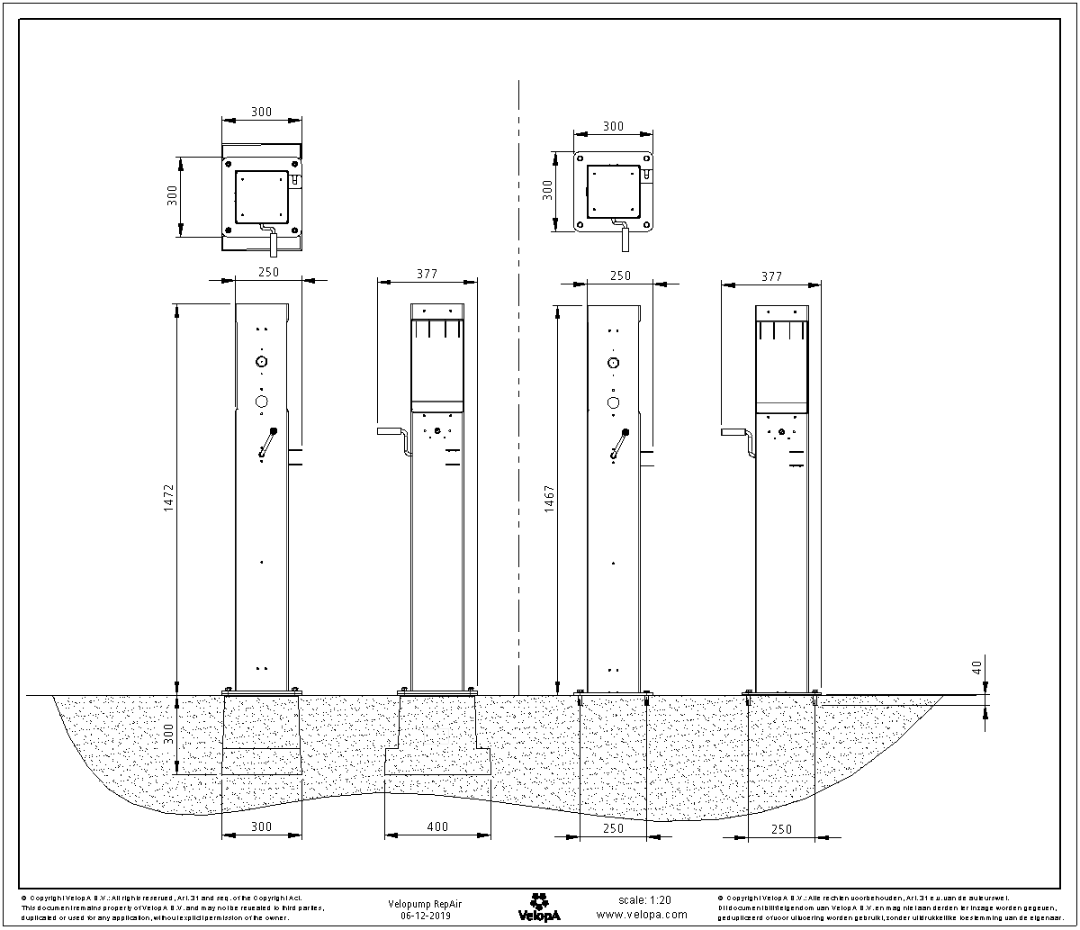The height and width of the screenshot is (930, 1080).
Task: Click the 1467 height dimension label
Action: tap(550, 501)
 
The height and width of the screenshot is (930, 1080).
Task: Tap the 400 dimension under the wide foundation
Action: tap(437, 826)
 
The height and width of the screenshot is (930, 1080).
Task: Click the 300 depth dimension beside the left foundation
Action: tap(169, 735)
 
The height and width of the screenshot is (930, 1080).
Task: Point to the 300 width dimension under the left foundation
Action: tap(261, 826)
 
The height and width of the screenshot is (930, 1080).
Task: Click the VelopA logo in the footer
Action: tap(540, 907)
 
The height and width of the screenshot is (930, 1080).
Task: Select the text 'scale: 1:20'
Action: tap(644, 899)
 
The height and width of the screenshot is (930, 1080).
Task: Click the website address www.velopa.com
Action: tap(642, 914)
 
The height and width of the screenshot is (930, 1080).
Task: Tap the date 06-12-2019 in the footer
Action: tap(425, 915)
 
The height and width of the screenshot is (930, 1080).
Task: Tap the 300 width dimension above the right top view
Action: tap(613, 127)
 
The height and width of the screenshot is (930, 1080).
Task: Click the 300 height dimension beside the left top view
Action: tap(173, 197)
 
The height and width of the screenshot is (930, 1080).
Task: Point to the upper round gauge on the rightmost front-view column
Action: tap(613, 363)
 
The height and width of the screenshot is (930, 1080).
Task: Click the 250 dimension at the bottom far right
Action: tap(781, 829)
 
